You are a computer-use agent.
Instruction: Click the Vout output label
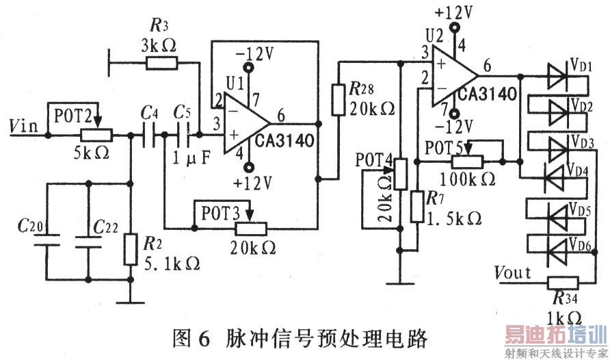(x=513, y=272)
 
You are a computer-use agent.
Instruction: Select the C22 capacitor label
(x=106, y=226)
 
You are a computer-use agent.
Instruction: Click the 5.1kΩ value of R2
(x=170, y=262)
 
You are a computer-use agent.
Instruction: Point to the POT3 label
(x=219, y=211)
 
